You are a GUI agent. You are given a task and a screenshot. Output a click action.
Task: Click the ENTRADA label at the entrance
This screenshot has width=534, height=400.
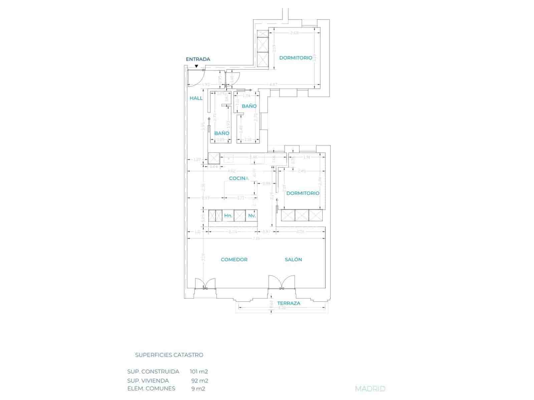198,59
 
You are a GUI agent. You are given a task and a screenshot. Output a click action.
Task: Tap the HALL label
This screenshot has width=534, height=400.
196,98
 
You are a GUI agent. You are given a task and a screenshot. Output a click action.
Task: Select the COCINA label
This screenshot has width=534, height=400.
239,178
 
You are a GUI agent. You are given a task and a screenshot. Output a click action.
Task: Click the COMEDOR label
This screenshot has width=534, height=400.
234,259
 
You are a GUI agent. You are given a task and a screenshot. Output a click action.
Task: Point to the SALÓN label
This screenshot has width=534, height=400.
293,259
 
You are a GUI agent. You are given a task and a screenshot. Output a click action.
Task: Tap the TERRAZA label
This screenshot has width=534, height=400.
289,303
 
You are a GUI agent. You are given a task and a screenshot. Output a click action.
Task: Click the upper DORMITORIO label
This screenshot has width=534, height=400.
295,58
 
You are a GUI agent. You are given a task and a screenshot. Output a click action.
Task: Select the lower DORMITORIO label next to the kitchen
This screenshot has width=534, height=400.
303,193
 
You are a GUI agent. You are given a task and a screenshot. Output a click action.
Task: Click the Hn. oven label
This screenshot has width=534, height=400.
228,216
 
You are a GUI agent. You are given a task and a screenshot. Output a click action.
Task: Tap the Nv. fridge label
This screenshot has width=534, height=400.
252,216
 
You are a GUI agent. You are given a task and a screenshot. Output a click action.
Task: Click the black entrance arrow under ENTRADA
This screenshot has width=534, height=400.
196,66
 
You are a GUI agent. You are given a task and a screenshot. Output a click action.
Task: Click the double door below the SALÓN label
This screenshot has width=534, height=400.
282,283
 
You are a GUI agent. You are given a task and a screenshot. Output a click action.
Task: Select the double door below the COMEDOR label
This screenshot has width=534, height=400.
205,284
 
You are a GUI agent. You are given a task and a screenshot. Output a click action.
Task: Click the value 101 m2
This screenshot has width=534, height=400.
199,372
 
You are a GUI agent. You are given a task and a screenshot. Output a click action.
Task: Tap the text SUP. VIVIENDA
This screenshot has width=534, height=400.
148,381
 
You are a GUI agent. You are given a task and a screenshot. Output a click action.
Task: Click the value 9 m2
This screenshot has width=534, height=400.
198,389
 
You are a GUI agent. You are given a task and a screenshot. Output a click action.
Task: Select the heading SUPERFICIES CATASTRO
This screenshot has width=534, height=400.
169,355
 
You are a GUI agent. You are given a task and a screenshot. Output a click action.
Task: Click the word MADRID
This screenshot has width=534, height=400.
370,389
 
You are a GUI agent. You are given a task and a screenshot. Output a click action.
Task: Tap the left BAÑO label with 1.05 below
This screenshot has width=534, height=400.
222,133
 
